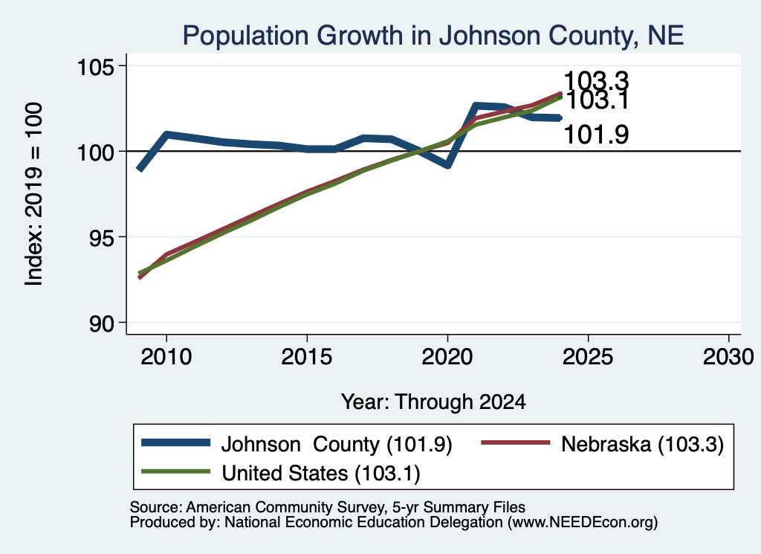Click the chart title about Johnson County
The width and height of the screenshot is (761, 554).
(x=433, y=36)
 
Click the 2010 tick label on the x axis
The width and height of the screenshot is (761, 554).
(x=166, y=357)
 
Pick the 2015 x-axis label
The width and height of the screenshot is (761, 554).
(x=307, y=357)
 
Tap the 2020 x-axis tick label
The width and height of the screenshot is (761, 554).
(x=447, y=357)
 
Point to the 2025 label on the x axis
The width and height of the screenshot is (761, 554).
(x=588, y=357)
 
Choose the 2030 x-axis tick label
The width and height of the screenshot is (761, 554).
(x=728, y=357)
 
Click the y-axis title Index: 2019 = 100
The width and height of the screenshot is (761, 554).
(x=34, y=194)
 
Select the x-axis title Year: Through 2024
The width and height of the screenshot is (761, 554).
(x=433, y=402)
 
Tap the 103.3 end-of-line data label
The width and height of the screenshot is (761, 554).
(x=597, y=81)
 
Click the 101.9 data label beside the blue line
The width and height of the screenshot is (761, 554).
(x=597, y=135)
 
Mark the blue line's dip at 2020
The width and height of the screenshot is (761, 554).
(x=447, y=165)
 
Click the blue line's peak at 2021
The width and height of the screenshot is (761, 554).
(x=476, y=106)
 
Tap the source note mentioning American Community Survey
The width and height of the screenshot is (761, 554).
(x=328, y=507)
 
